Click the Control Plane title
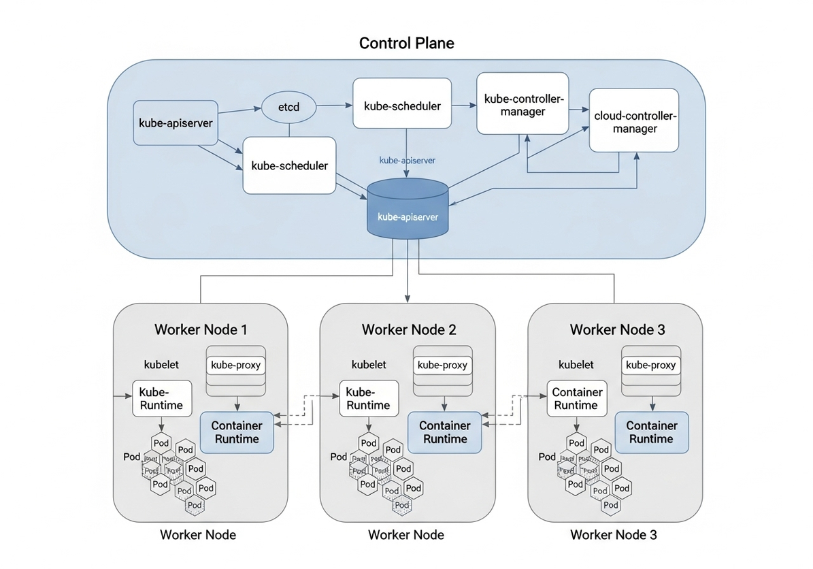406,44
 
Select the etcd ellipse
289,108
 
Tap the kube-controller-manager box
522,103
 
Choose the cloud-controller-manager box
634,120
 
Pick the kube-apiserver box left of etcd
176,123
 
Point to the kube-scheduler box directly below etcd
289,165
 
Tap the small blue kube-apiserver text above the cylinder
407,160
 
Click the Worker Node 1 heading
201,330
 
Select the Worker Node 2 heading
409,330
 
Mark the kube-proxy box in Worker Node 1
236,365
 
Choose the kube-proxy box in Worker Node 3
651,365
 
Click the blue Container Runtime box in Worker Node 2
445,432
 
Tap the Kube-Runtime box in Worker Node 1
161,398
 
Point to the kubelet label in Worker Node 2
369,365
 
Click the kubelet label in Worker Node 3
576,365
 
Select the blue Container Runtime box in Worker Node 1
237,432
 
